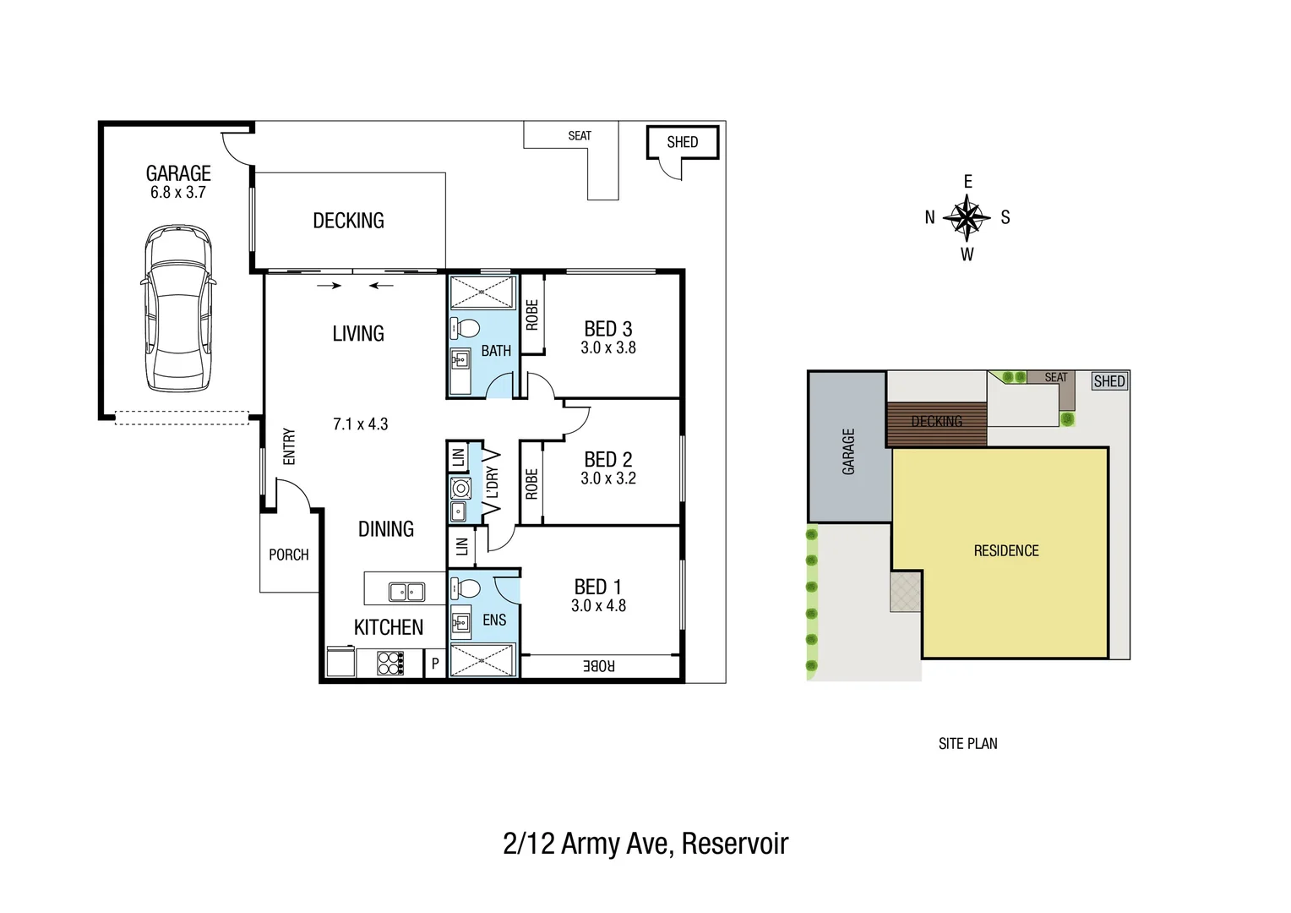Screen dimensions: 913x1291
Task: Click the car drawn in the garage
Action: (177, 309)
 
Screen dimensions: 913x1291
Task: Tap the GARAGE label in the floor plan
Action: (178, 173)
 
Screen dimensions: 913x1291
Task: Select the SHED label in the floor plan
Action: (682, 142)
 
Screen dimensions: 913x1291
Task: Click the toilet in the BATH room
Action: (464, 328)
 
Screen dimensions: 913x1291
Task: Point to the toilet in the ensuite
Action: (464, 588)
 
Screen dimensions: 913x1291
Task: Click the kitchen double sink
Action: (406, 592)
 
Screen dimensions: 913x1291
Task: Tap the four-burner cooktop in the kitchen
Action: (389, 663)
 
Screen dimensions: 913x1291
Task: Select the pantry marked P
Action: (435, 664)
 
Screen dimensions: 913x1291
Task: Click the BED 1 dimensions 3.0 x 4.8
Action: (598, 606)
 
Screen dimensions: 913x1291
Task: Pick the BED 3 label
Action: (607, 329)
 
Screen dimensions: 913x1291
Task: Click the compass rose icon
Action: (967, 218)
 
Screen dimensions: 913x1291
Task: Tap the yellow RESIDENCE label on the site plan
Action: (1005, 551)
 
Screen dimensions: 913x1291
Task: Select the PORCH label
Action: (288, 555)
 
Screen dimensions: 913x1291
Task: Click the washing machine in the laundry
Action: (460, 488)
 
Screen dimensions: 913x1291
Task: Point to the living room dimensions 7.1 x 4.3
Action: (360, 424)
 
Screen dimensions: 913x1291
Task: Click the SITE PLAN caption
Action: (967, 744)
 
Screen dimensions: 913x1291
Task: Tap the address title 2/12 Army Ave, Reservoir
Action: (645, 844)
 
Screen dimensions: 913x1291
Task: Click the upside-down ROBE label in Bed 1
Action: (598, 666)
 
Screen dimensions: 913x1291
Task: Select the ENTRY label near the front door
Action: (289, 446)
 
